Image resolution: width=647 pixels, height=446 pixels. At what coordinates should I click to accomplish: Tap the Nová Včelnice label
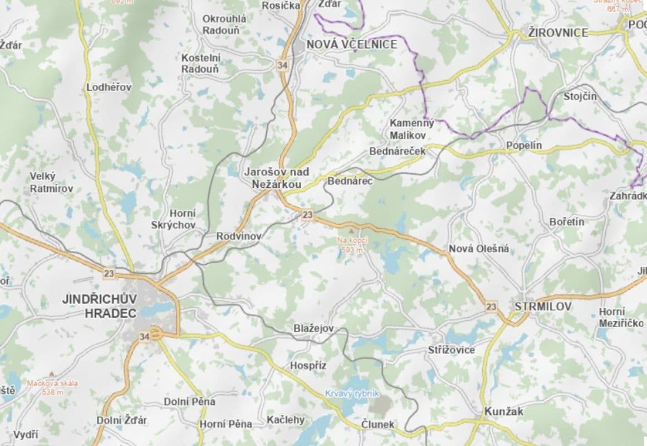coord(351,44)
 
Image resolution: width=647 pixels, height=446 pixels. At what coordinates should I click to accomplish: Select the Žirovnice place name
coord(558,32)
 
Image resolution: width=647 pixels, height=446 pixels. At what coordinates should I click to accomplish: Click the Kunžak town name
coord(504,411)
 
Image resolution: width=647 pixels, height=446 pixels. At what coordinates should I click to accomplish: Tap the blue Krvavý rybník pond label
coord(351,393)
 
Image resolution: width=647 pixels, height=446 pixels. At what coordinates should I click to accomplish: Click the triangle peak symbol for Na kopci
coord(351,229)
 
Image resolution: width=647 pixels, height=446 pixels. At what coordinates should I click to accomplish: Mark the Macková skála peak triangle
coord(52,374)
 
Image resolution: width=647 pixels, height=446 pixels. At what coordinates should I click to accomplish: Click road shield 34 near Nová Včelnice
coord(283,65)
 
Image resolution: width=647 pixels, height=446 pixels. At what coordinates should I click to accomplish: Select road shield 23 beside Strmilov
coord(491,306)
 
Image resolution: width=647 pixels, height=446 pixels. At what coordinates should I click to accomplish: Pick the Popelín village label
coord(523,146)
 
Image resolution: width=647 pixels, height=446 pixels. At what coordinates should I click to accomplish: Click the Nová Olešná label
coord(479,249)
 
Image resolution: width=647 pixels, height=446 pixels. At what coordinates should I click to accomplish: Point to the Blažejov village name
coord(313,328)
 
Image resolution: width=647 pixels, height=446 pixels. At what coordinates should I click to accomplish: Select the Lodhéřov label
coord(109,87)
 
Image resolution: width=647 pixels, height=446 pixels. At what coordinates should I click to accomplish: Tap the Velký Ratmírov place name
coord(51,182)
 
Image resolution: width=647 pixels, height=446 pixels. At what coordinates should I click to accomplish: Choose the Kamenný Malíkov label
coord(408,129)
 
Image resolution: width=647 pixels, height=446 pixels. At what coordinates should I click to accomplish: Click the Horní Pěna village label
coord(226,424)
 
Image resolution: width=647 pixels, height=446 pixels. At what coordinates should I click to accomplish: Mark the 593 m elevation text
coord(352,250)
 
